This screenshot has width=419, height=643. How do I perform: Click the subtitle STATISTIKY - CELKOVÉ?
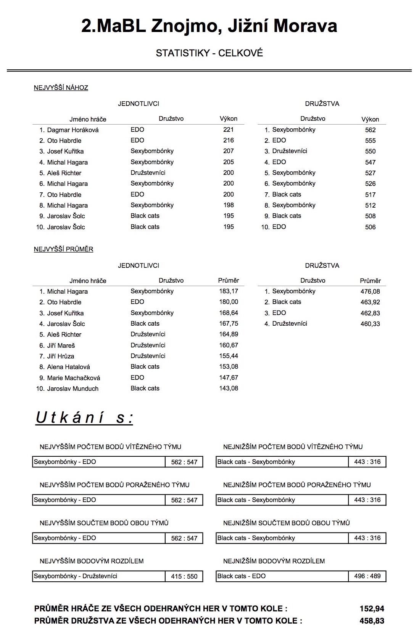click(209, 53)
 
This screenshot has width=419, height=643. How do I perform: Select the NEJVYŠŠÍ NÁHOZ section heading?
click(61, 88)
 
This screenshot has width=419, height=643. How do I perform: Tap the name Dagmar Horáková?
click(73, 130)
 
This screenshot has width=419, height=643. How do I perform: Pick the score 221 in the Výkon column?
click(228, 130)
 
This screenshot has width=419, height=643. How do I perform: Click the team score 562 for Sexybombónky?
click(370, 130)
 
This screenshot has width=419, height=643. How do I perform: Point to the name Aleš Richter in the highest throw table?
click(64, 173)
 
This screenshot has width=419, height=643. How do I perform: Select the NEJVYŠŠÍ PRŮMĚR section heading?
click(63, 249)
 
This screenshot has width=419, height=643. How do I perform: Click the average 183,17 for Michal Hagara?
click(229, 291)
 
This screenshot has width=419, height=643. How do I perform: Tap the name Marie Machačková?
click(73, 378)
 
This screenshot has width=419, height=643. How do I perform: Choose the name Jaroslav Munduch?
click(73, 389)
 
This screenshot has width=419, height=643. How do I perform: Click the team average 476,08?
click(370, 291)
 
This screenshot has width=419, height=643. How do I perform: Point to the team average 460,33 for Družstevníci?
click(370, 324)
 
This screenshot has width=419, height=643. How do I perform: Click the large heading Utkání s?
click(84, 418)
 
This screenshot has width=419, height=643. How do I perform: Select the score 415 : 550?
click(184, 576)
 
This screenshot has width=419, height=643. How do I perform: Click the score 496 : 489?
click(367, 576)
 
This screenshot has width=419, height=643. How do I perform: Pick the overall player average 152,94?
click(372, 609)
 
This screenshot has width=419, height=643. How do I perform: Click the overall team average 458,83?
click(372, 621)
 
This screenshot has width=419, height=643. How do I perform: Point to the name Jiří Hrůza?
click(61, 356)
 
